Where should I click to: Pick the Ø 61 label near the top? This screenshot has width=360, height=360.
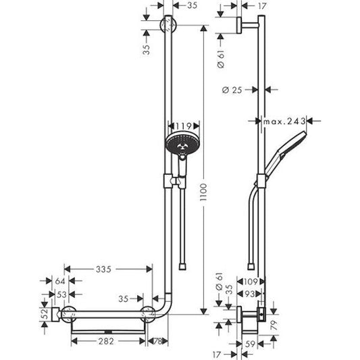(220, 59)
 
